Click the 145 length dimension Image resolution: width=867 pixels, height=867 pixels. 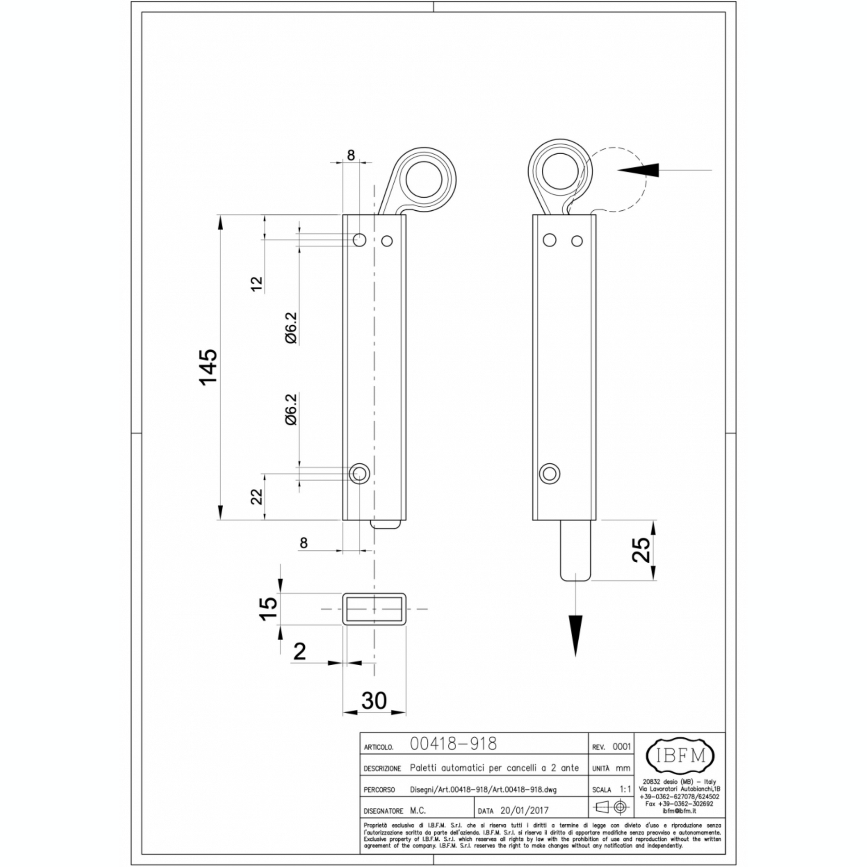[x=209, y=367]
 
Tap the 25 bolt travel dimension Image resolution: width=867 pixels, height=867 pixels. [x=641, y=549]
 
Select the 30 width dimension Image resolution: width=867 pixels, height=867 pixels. [x=374, y=700]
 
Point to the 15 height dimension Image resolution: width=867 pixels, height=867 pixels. [x=268, y=609]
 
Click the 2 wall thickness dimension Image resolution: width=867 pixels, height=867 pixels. [x=299, y=651]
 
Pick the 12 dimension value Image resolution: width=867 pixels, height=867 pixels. [x=256, y=284]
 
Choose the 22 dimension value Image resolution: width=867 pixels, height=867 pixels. [x=256, y=496]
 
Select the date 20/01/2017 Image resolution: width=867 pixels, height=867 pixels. [x=524, y=810]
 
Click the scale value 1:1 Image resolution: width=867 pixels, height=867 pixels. [x=625, y=789]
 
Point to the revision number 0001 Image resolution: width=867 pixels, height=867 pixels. [x=622, y=746]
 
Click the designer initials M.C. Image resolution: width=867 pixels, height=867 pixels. [x=418, y=810]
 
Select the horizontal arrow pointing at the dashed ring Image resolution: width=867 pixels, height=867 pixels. [x=665, y=170]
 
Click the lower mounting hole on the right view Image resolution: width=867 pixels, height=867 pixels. [x=549, y=474]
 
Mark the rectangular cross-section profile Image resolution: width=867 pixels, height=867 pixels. [x=374, y=609]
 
